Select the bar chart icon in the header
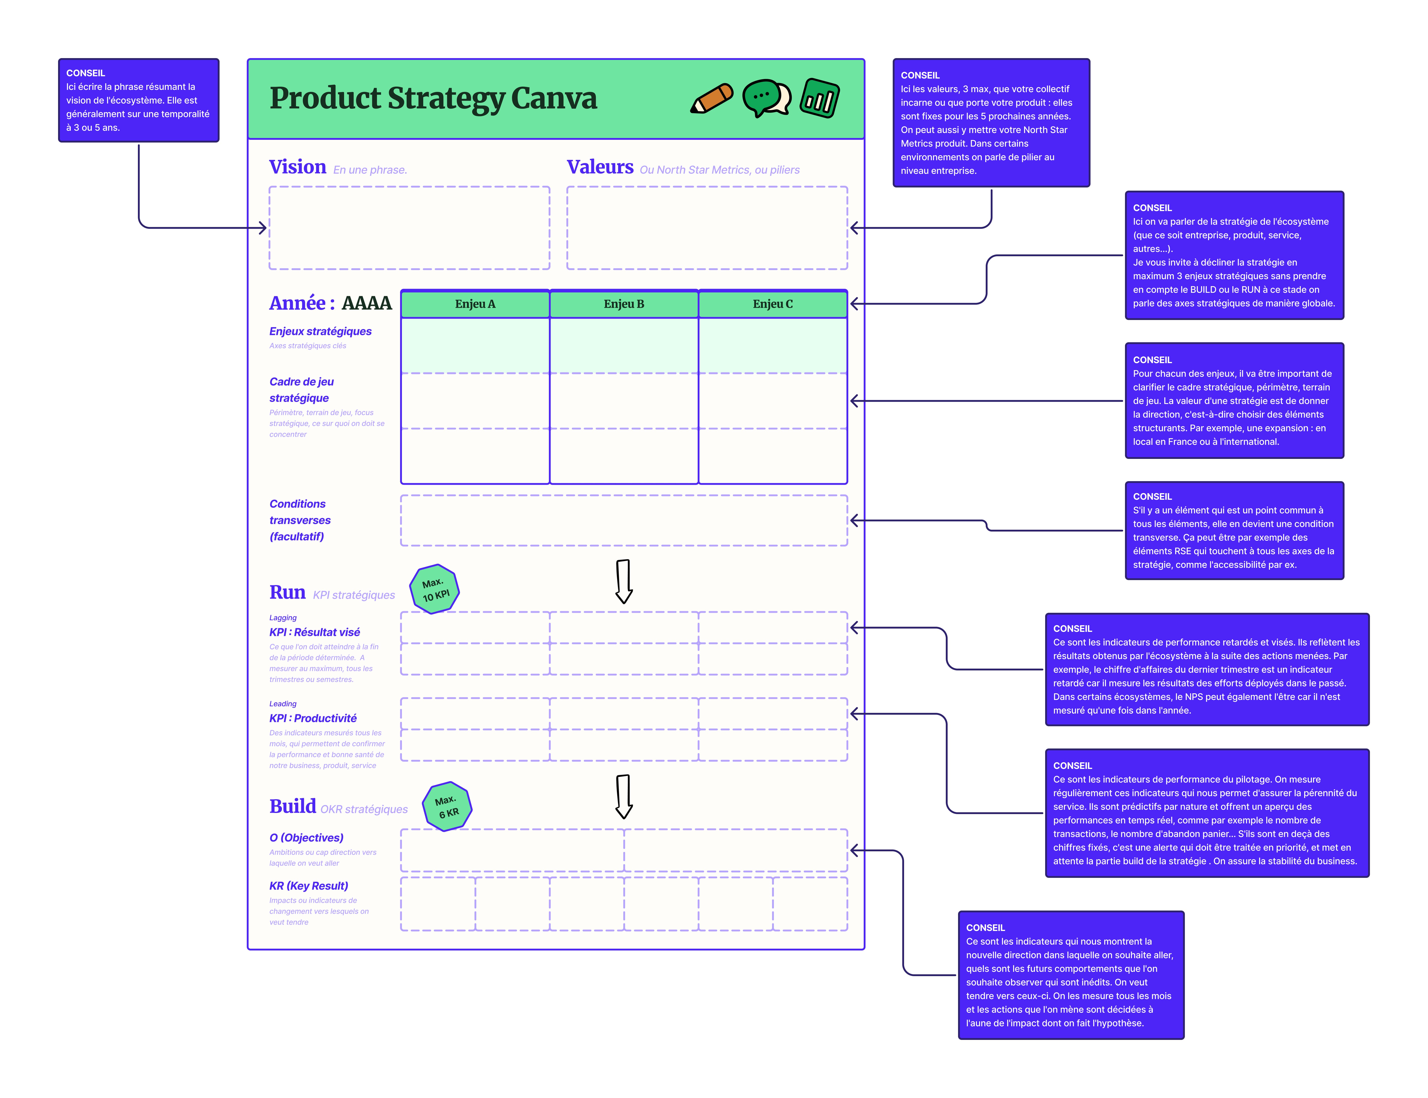point(820,98)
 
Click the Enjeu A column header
point(475,304)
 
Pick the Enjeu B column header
point(624,304)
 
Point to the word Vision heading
point(297,167)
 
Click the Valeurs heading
point(600,167)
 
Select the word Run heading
point(287,592)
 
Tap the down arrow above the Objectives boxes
point(624,796)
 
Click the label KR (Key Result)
point(308,886)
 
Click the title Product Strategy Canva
point(433,98)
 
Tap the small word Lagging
point(283,618)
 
